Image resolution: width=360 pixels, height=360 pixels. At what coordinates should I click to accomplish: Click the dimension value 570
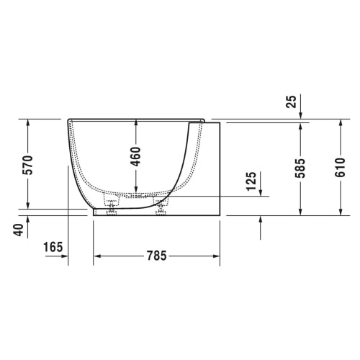tap(29, 165)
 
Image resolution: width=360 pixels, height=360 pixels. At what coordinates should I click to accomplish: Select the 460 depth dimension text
tap(136, 157)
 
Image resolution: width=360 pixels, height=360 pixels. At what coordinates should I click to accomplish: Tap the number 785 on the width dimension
tap(156, 256)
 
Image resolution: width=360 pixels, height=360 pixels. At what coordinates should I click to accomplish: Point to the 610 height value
tap(340, 168)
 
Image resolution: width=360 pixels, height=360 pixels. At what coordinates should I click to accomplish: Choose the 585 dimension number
tap(300, 168)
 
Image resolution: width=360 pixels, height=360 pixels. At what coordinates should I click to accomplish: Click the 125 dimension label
tap(251, 181)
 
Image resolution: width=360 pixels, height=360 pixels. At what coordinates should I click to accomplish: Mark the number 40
tap(19, 230)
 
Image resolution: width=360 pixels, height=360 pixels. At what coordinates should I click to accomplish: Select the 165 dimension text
tap(53, 247)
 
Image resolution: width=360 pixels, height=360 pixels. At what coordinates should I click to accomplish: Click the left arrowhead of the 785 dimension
tap(96, 256)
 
